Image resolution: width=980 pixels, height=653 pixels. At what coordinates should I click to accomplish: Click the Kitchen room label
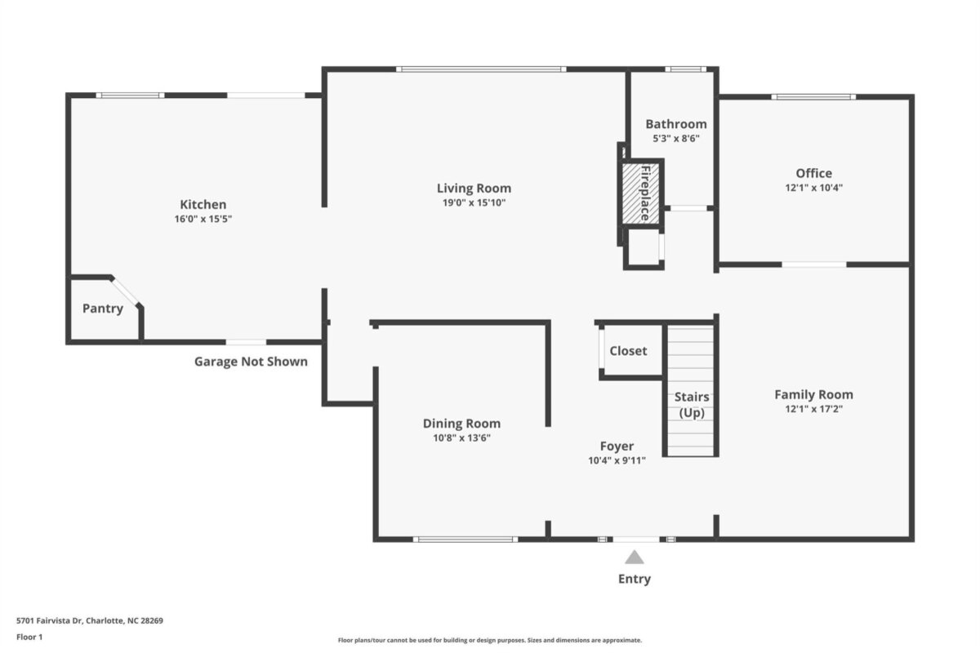point(203,205)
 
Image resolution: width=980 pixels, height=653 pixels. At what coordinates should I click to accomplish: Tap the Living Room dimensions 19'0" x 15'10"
point(474,202)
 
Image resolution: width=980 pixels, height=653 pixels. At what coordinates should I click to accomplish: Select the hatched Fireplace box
point(641,193)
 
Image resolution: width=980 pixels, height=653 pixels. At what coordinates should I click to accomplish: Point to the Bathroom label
point(676,124)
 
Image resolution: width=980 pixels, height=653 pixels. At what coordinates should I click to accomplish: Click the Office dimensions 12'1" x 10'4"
point(813,188)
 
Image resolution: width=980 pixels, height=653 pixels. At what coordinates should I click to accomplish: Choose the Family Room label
point(813,394)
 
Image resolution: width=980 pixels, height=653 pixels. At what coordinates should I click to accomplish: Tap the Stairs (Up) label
point(692,405)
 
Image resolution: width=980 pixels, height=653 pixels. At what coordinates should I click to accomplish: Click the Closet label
point(628,351)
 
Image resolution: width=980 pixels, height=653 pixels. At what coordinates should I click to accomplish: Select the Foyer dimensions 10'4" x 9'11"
point(617,460)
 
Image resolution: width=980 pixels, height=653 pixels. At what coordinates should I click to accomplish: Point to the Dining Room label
point(461,424)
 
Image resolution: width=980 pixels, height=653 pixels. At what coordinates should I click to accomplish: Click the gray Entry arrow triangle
point(635,557)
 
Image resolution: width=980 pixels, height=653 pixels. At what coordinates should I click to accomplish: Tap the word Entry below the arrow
point(635,579)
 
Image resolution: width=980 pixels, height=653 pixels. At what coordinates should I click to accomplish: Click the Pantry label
point(103,309)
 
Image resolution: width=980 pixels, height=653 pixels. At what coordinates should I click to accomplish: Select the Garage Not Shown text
point(252,362)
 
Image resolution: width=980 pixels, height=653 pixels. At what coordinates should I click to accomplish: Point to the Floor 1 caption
point(29,637)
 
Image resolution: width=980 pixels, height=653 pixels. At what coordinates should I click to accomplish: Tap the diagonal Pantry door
point(125,291)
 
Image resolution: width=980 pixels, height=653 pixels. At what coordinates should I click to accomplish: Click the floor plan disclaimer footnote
point(490,640)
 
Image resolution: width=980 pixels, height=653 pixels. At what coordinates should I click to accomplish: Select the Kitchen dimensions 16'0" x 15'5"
point(203,219)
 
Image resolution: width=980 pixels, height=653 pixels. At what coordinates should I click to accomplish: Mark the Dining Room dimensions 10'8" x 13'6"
point(461,438)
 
